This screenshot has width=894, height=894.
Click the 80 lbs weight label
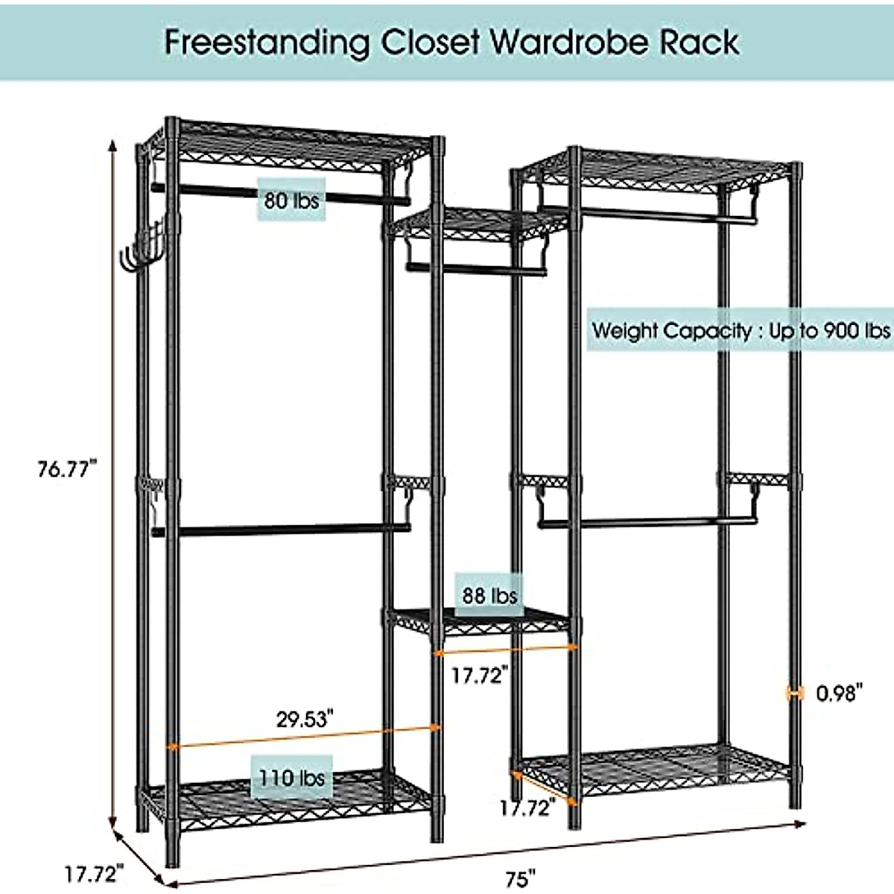[x=291, y=200]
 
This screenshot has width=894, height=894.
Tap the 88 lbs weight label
[x=489, y=595]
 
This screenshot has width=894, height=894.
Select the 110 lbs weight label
[x=292, y=778]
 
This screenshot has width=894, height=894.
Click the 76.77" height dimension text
[x=68, y=469]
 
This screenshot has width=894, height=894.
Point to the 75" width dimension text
[x=521, y=879]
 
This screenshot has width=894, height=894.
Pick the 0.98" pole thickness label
[x=840, y=694]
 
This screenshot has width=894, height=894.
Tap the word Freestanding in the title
[x=267, y=42]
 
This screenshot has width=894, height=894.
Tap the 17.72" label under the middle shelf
[x=481, y=676]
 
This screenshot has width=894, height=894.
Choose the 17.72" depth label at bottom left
[x=93, y=872]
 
